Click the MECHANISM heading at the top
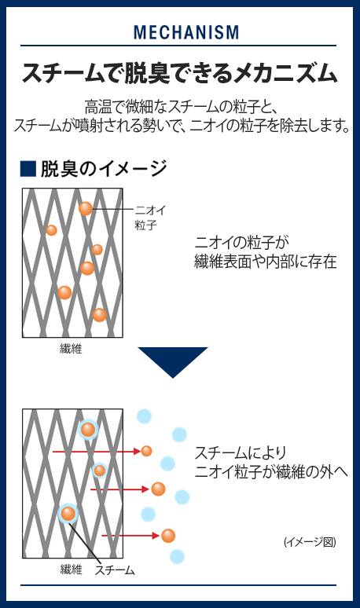(x=186, y=32)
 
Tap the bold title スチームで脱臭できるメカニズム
(x=179, y=73)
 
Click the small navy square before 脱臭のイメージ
(x=28, y=169)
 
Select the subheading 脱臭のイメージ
(x=104, y=169)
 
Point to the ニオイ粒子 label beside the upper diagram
(x=150, y=218)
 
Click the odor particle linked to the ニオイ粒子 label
(x=86, y=209)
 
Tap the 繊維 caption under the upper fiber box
(x=71, y=349)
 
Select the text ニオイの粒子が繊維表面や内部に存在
(x=266, y=252)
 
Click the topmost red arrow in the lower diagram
(x=96, y=452)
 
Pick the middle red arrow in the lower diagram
(x=120, y=489)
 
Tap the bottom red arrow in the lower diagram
(x=130, y=536)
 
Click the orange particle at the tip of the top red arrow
(x=146, y=451)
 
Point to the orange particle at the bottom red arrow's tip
(x=168, y=536)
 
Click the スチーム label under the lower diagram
(x=115, y=570)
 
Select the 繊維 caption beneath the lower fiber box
(x=72, y=570)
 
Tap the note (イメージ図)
(x=310, y=542)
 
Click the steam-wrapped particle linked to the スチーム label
(x=68, y=515)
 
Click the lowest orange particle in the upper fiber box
(x=99, y=315)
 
